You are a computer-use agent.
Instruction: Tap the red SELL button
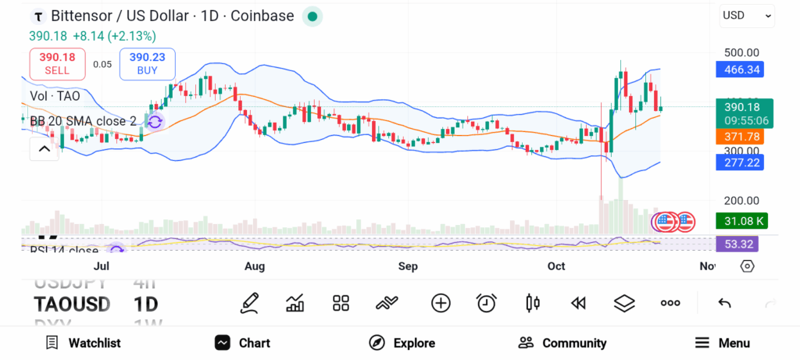coord(57,63)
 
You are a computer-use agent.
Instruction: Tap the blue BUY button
coord(148,63)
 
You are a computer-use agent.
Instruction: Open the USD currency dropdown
coord(747,15)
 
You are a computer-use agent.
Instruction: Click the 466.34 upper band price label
coord(739,70)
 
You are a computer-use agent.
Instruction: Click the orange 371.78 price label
coord(739,137)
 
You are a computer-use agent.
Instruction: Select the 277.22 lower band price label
coord(739,162)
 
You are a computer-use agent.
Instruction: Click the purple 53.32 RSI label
coord(739,244)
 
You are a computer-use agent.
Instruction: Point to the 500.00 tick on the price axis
coord(741,53)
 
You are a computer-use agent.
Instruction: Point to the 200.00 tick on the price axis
coord(741,200)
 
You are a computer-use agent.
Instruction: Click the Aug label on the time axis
coord(255,266)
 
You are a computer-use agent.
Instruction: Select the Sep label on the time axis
coord(408,266)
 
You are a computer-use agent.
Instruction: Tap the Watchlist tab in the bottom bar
coord(84,343)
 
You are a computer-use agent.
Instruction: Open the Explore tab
coord(402,343)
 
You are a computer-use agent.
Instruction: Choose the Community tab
coord(562,343)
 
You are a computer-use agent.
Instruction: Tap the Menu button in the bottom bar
coord(723,343)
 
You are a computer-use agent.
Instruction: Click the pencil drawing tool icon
coord(249,303)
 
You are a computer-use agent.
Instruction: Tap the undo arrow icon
coord(724,303)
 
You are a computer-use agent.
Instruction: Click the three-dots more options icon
coord(670,303)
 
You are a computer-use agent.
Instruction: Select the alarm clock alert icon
coord(487,303)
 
